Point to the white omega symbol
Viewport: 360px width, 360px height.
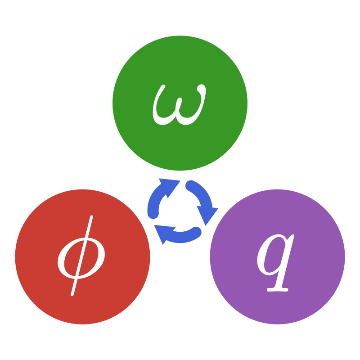[x=179, y=106]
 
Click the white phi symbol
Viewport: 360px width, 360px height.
[x=81, y=259]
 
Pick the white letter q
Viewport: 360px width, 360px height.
[x=275, y=261]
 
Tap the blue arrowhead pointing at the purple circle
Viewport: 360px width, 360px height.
[x=207, y=215]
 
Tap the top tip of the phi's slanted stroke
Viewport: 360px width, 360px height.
[x=91, y=218]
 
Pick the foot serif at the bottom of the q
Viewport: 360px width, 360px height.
[x=278, y=289]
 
